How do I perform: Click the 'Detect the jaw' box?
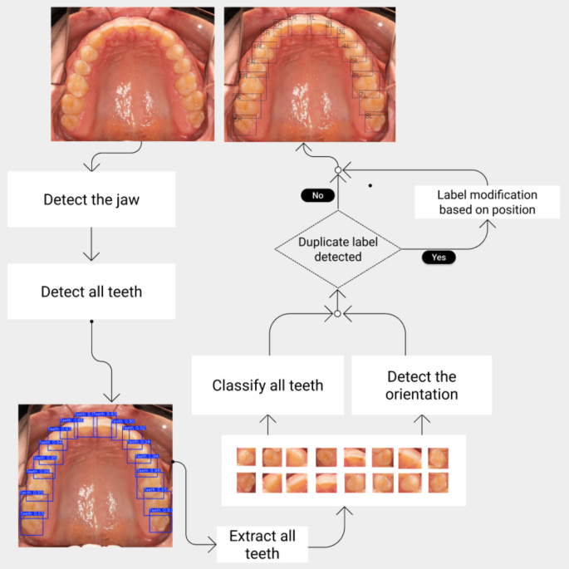91,199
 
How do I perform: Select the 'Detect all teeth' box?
91,292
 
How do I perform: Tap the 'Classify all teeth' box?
267,385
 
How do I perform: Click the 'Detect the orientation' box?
421,385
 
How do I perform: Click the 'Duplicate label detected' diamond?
337,248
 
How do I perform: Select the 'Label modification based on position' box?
487,202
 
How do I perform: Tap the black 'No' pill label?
317,196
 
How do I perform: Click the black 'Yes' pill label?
439,258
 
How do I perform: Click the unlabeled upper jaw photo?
133,73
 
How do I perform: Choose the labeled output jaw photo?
309,73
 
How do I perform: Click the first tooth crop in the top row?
246,456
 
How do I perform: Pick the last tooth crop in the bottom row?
437,483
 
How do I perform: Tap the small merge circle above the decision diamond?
338,169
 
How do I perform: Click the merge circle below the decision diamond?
337,314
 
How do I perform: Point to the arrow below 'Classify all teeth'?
267,424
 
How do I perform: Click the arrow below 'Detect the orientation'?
421,424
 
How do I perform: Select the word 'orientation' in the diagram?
421,394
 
